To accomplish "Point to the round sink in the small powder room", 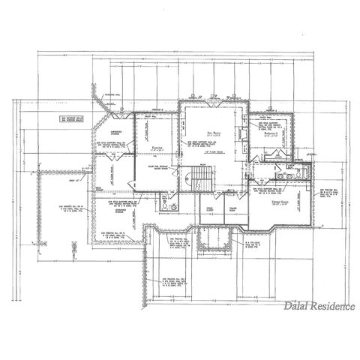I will pos(175,206).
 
